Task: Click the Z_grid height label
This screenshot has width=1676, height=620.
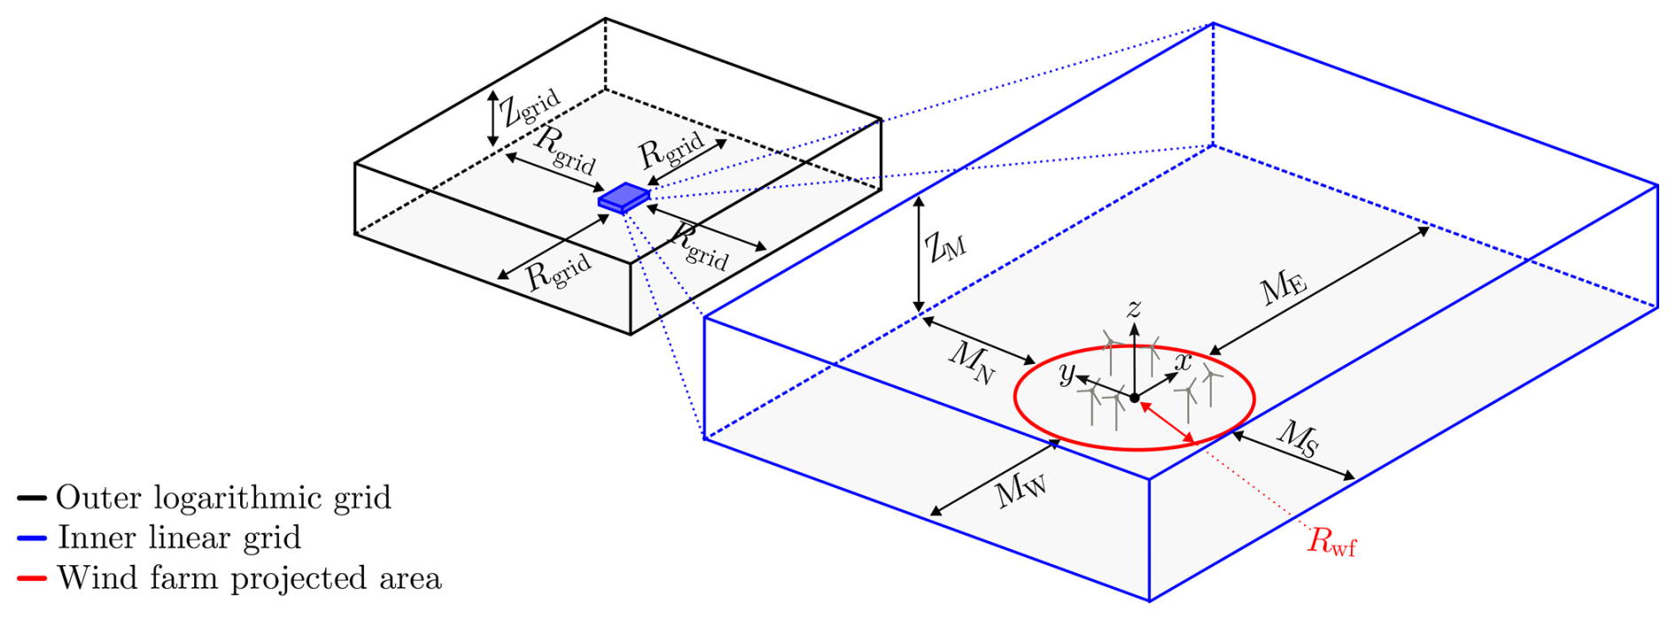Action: click(x=530, y=110)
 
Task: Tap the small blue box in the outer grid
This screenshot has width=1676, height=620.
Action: click(x=624, y=198)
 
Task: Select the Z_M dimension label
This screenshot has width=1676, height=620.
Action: click(x=945, y=247)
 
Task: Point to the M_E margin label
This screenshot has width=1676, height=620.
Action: click(x=1284, y=287)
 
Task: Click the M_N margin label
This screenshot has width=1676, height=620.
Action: click(x=971, y=362)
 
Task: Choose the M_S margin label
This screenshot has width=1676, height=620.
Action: click(x=1298, y=438)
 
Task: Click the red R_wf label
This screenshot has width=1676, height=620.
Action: click(x=1331, y=541)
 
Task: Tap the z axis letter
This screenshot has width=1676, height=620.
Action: click(x=1133, y=307)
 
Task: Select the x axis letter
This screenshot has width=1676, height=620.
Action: click(x=1183, y=361)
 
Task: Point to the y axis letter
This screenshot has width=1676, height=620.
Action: click(x=1067, y=374)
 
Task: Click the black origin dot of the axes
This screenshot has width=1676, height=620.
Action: click(x=1135, y=399)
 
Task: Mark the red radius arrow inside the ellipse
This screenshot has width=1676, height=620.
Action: click(x=1168, y=422)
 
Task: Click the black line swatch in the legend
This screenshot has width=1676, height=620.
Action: click(x=31, y=499)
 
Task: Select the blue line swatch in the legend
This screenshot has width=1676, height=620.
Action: click(x=31, y=539)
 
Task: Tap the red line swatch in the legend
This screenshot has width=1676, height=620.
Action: click(x=31, y=579)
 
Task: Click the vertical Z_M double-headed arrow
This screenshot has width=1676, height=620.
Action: click(x=919, y=254)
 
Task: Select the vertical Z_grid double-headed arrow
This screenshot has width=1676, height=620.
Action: click(x=493, y=118)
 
